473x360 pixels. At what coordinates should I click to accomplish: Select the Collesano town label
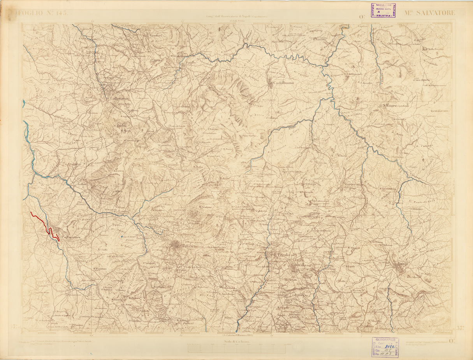(x=120, y=99)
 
